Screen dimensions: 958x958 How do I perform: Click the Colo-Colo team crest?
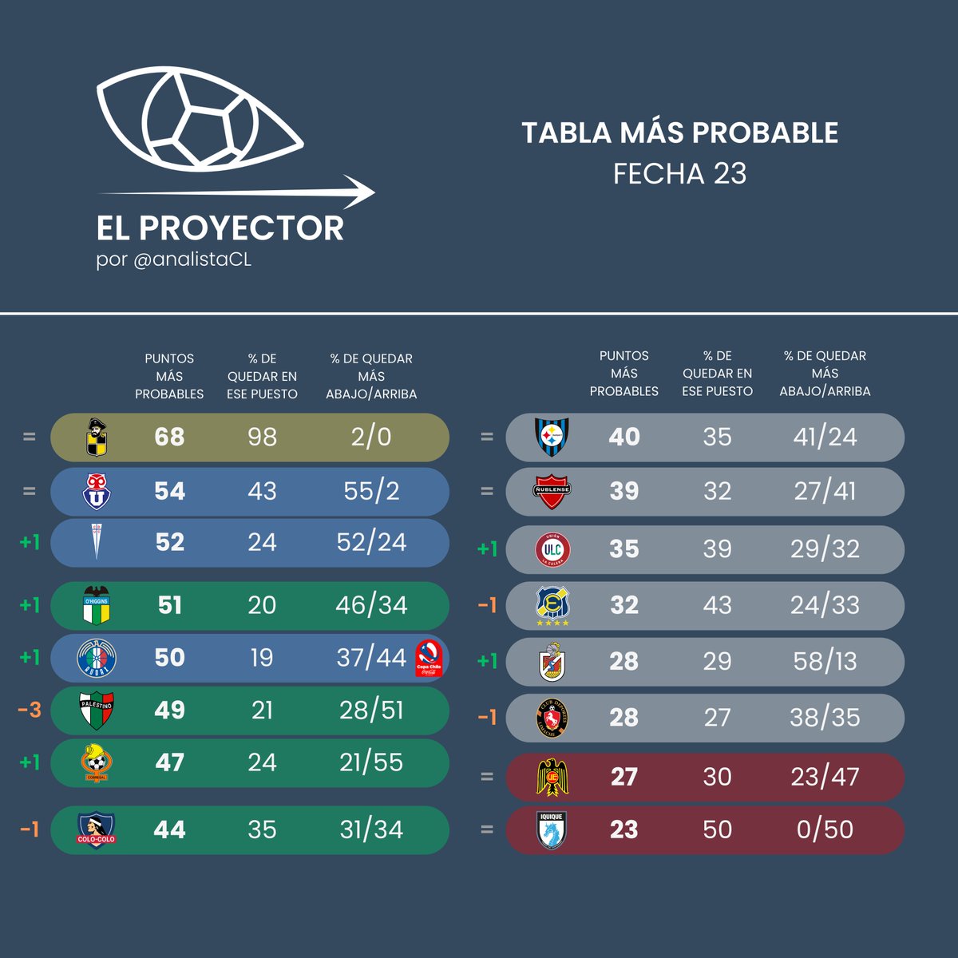tap(96, 829)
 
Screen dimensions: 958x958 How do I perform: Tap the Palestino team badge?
tap(96, 710)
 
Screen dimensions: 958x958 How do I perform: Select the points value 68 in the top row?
tap(169, 437)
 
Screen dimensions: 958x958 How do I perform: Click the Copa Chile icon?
tap(429, 659)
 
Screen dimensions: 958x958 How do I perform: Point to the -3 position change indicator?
tap(30, 709)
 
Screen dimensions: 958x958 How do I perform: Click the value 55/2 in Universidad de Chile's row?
tap(371, 490)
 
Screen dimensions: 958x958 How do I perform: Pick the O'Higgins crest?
tap(96, 605)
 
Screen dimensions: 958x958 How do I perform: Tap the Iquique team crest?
tap(551, 829)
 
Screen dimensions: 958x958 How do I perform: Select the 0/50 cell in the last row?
tap(825, 829)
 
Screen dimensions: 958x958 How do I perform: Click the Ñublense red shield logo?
tap(552, 491)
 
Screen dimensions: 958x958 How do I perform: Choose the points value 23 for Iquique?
tap(623, 829)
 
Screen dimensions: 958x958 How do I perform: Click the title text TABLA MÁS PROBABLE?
tap(679, 133)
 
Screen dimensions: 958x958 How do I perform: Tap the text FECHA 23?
tap(679, 174)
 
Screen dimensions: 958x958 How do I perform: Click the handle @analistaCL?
tap(192, 260)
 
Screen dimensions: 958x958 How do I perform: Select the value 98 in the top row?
tap(262, 437)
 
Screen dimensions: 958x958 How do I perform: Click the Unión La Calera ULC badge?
tap(552, 549)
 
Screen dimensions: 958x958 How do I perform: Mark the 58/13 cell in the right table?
tap(825, 661)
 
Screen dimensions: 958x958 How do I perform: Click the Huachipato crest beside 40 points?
tap(551, 437)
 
